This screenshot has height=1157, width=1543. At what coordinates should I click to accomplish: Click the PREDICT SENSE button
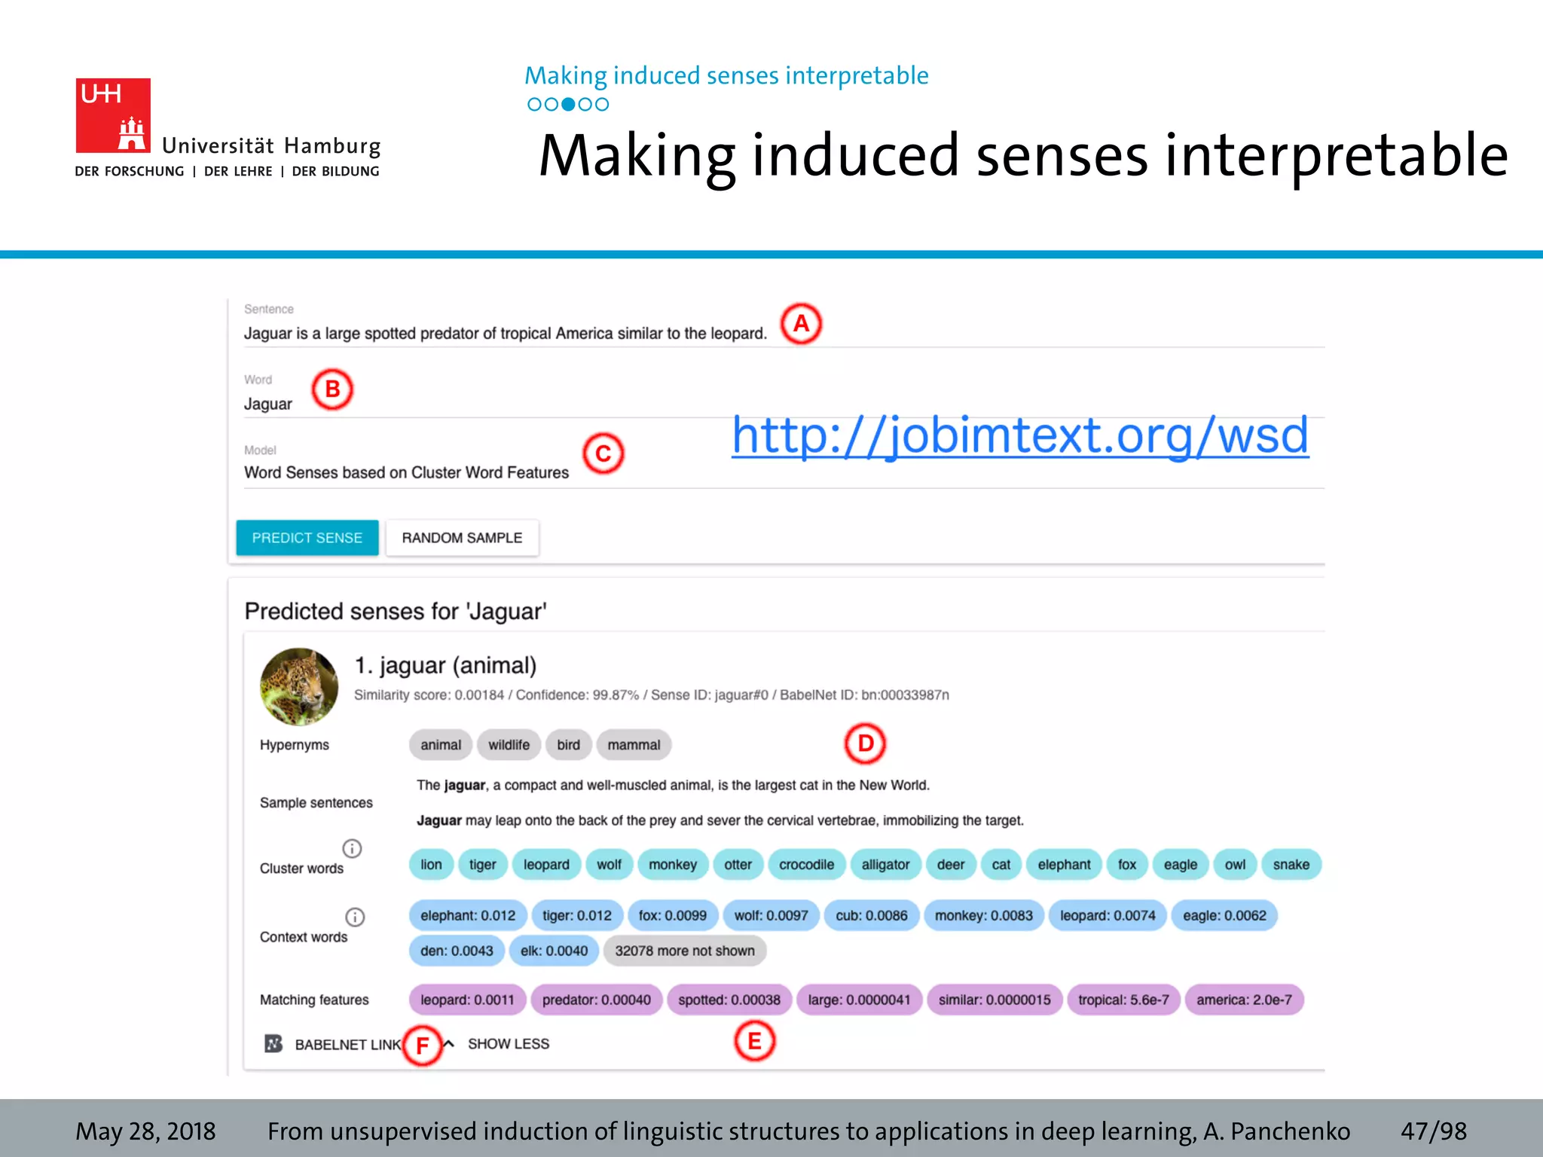(x=307, y=538)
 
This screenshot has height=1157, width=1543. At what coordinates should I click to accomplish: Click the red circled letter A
(x=801, y=324)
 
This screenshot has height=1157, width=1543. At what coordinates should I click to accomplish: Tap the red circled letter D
(x=865, y=743)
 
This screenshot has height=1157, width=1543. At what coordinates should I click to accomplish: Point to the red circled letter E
(x=754, y=1041)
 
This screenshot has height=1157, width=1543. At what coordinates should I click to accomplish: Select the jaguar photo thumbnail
(x=299, y=686)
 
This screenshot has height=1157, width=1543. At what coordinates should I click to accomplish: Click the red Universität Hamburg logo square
(x=113, y=115)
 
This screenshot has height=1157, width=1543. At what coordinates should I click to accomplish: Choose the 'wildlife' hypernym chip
(x=509, y=745)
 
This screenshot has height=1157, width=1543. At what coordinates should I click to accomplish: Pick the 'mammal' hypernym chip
(x=634, y=745)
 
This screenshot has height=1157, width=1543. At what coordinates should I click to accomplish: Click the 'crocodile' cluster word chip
(x=806, y=865)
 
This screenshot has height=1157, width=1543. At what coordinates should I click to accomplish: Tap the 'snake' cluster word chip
(x=1291, y=865)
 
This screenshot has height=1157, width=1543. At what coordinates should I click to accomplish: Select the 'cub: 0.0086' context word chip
(x=872, y=916)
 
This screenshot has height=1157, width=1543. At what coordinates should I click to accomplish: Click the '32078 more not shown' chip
(x=684, y=951)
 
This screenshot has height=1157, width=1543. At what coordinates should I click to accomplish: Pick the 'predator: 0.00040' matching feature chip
(x=596, y=1000)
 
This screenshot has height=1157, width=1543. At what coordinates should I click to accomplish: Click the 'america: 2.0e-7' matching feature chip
(x=1244, y=1000)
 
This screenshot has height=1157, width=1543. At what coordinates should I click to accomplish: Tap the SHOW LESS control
(x=508, y=1044)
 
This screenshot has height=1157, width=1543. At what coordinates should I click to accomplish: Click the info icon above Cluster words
(x=352, y=849)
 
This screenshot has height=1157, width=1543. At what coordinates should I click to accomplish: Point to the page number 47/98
(x=1433, y=1131)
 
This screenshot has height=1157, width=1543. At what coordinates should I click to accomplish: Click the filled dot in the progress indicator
(x=568, y=105)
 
